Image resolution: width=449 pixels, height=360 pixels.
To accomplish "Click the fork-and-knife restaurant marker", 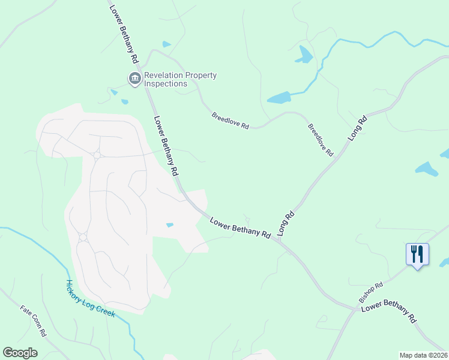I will coord(417,254).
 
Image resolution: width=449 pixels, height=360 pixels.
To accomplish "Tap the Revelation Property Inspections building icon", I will coord(134,79).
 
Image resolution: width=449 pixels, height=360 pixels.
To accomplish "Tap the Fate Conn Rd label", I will coord(34,321).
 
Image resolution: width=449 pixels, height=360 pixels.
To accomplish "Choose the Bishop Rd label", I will coord(370,292).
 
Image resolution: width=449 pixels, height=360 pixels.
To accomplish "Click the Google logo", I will coord(20,353).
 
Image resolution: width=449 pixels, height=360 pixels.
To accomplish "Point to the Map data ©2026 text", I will coord(423,355).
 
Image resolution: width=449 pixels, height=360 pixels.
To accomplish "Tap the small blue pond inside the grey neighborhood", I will coord(170,225).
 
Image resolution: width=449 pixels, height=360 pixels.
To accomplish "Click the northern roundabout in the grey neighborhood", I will coord(96,156).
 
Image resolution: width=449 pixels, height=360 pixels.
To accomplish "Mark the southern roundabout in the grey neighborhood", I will coord(83,237).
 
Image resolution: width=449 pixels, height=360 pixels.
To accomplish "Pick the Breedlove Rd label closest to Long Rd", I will coord(320,140).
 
